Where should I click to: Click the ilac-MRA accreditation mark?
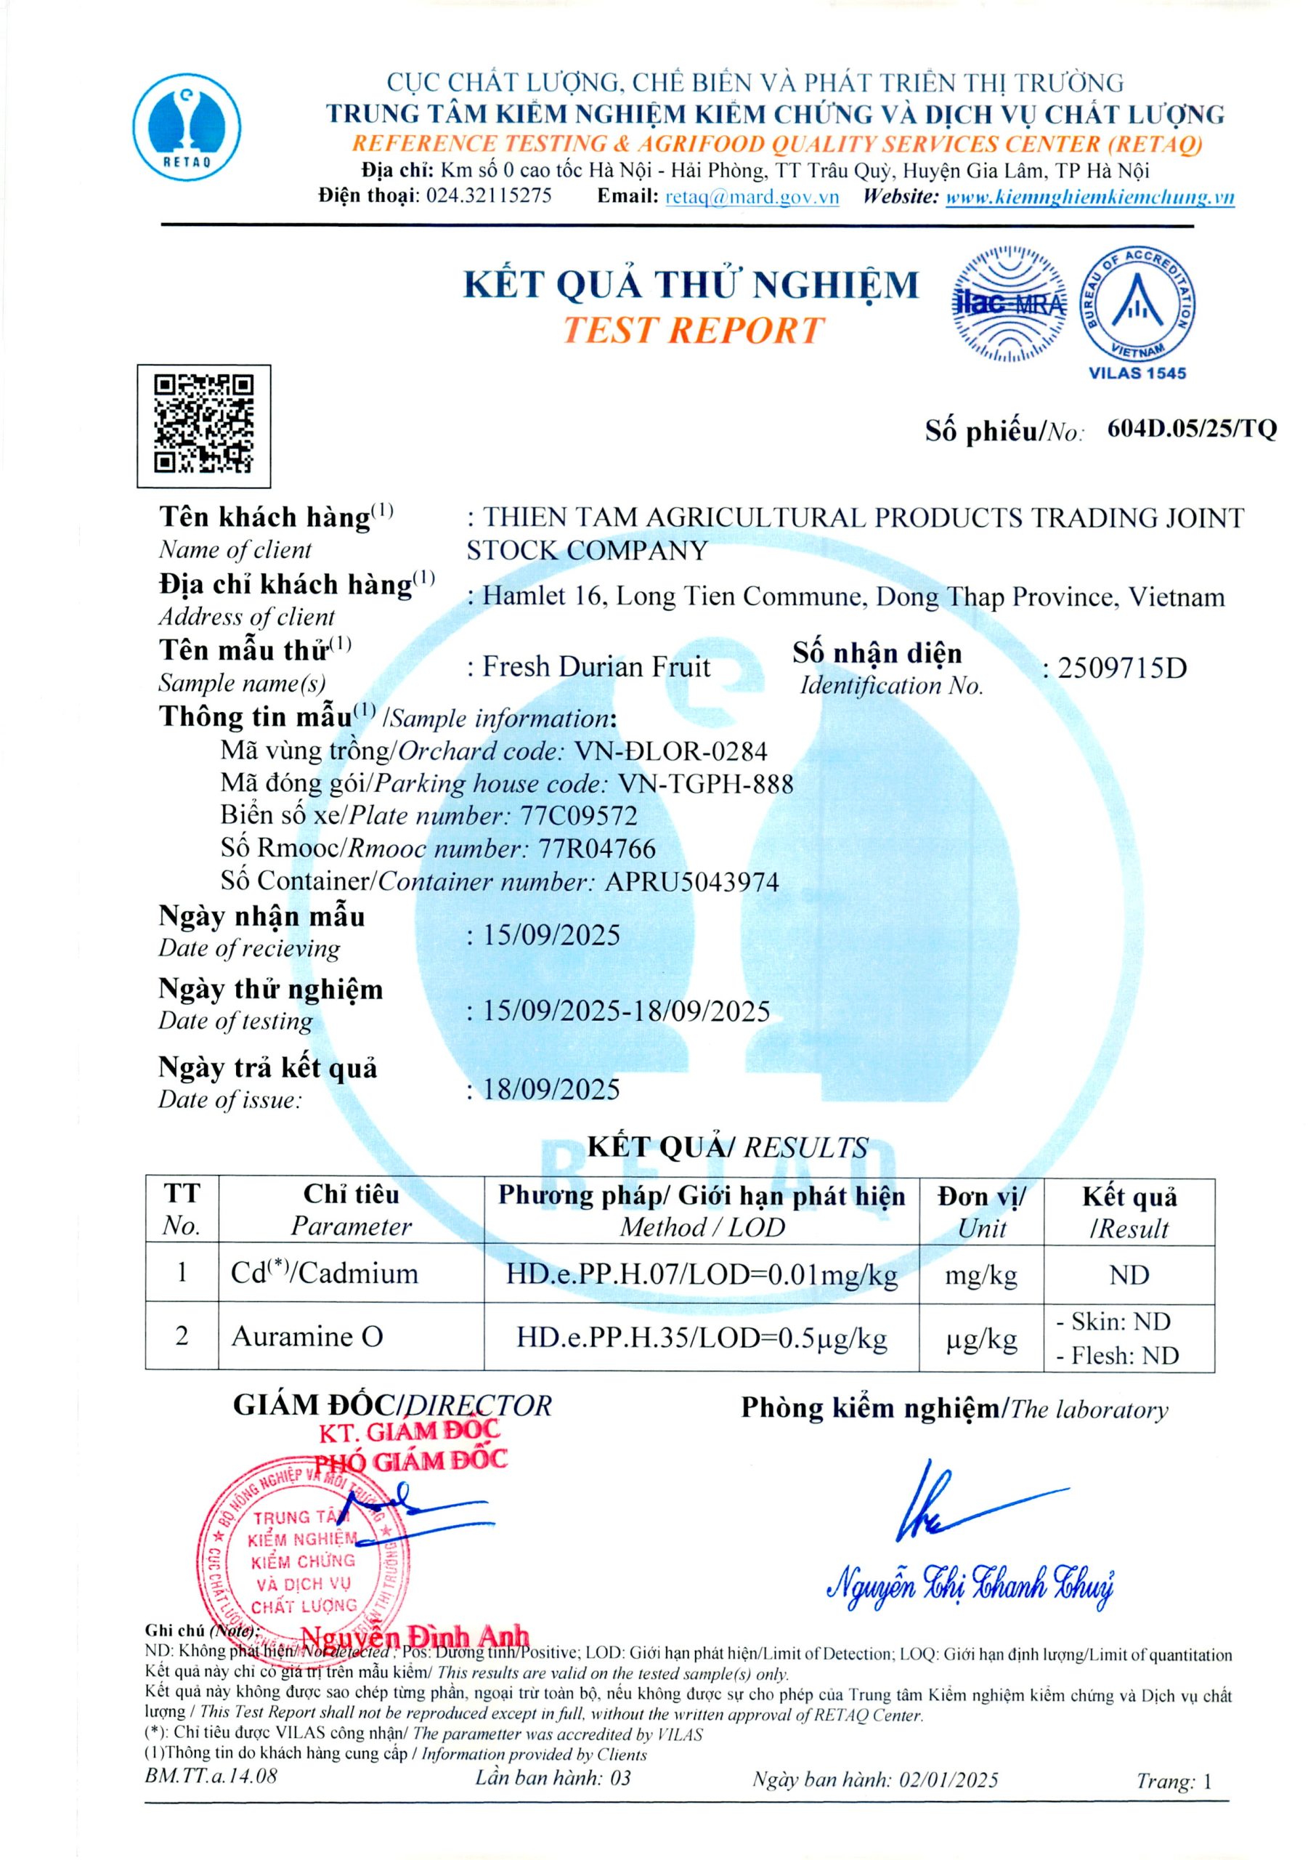tap(1008, 304)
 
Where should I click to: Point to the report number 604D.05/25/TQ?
tap(1190, 429)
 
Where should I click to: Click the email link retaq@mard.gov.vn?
tap(752, 197)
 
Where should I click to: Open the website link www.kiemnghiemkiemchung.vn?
tap(1089, 197)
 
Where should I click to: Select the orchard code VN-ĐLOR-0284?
tap(670, 751)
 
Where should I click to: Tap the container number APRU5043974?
tap(691, 881)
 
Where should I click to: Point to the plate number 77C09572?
tap(578, 816)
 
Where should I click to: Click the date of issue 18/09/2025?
tap(551, 1090)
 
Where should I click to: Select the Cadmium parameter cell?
tap(325, 1274)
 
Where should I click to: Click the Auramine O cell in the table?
tap(307, 1337)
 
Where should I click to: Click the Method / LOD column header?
tap(702, 1227)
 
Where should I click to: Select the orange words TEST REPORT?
tap(692, 331)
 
